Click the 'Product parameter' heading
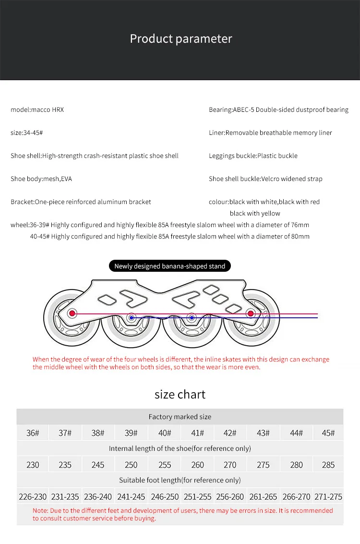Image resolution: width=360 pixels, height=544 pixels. click(x=181, y=39)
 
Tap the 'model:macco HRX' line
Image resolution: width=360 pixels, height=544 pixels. click(x=37, y=109)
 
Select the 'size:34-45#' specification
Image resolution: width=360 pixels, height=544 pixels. click(x=27, y=133)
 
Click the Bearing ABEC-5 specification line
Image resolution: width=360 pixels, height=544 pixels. click(x=278, y=109)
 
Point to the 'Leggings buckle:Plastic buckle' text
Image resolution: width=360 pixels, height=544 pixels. click(x=253, y=156)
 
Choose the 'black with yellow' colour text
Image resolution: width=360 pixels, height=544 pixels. click(x=255, y=213)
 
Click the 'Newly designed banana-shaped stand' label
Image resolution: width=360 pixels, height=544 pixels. click(x=169, y=266)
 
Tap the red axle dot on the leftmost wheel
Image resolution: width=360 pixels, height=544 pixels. click(x=72, y=314)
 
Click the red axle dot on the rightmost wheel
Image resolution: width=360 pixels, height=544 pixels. click(x=250, y=314)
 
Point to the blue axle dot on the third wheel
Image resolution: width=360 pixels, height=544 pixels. click(x=192, y=317)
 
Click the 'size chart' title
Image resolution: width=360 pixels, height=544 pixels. click(x=180, y=394)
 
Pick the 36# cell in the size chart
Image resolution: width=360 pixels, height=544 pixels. click(x=33, y=433)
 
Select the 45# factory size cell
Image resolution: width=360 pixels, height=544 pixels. click(x=328, y=433)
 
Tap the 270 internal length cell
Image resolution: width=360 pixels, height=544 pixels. click(x=230, y=465)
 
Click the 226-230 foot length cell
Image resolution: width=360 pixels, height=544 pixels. click(x=33, y=497)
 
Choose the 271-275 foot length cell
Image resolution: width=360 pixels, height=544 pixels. click(x=328, y=497)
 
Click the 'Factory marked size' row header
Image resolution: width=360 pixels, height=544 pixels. click(x=180, y=417)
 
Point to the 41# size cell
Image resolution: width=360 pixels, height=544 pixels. click(x=197, y=433)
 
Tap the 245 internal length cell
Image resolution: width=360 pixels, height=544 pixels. click(x=98, y=465)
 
